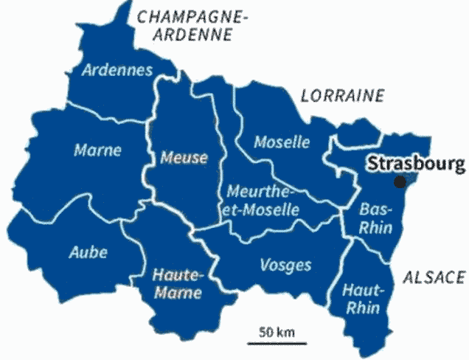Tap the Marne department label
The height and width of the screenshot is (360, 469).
click(x=97, y=150)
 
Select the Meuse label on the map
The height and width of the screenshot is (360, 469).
click(x=184, y=157)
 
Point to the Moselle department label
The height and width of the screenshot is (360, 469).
click(x=282, y=142)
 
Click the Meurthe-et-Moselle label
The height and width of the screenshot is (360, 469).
click(x=263, y=201)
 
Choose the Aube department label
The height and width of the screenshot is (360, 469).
click(x=88, y=252)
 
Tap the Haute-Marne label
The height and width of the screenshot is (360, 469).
click(x=176, y=284)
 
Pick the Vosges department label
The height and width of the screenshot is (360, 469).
click(x=286, y=264)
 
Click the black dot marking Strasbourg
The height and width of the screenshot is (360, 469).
click(x=400, y=182)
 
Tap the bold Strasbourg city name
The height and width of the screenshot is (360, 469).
click(x=417, y=164)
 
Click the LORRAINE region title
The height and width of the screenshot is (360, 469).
click(x=343, y=95)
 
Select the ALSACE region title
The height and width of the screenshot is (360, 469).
click(x=434, y=277)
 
